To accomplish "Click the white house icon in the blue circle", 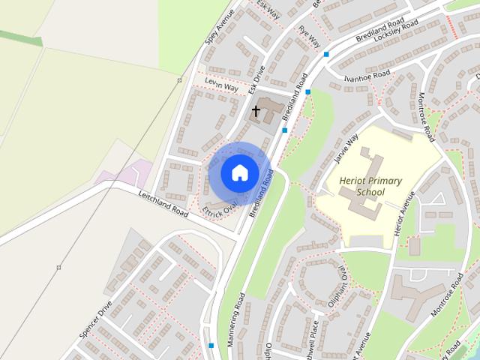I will [238, 173].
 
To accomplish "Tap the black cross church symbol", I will [256, 112].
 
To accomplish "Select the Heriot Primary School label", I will [370, 187].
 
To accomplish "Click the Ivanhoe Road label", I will [367, 76].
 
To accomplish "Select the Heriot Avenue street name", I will [400, 220].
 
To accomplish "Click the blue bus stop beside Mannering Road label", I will [211, 346].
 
